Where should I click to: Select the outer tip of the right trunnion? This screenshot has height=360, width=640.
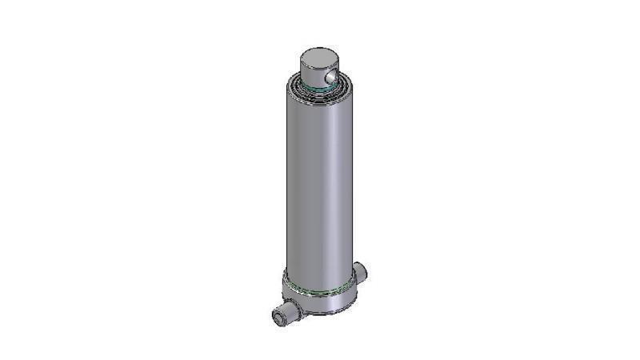366,272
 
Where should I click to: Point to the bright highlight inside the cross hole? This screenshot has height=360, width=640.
334,76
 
